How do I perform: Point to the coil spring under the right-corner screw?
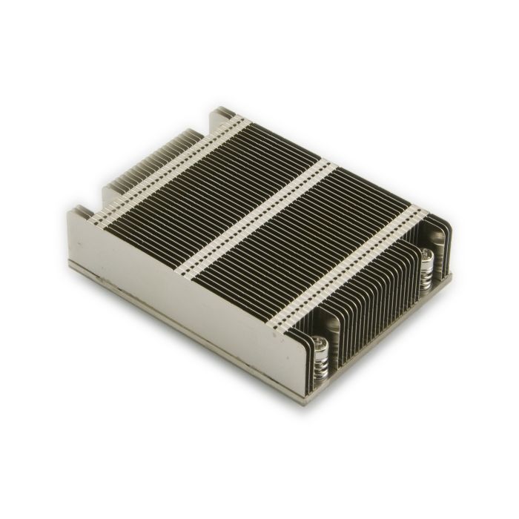[x=428, y=278]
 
